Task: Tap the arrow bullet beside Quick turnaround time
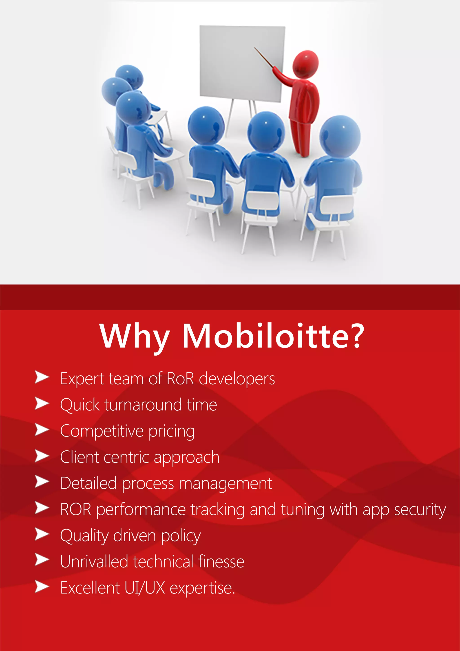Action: (x=41, y=403)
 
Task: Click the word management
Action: (x=225, y=484)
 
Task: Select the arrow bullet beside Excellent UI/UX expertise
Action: (x=41, y=587)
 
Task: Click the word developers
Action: (x=237, y=379)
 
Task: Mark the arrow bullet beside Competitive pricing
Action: (x=41, y=430)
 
